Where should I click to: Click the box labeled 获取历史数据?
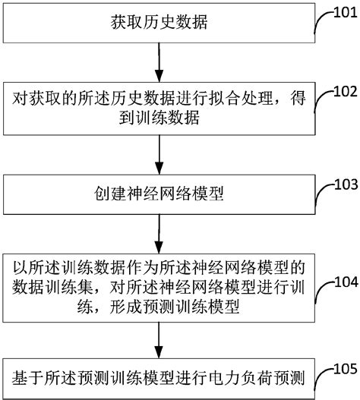[x=159, y=24]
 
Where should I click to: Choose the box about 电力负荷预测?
[x=159, y=376]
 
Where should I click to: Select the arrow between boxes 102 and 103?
[x=159, y=154]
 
